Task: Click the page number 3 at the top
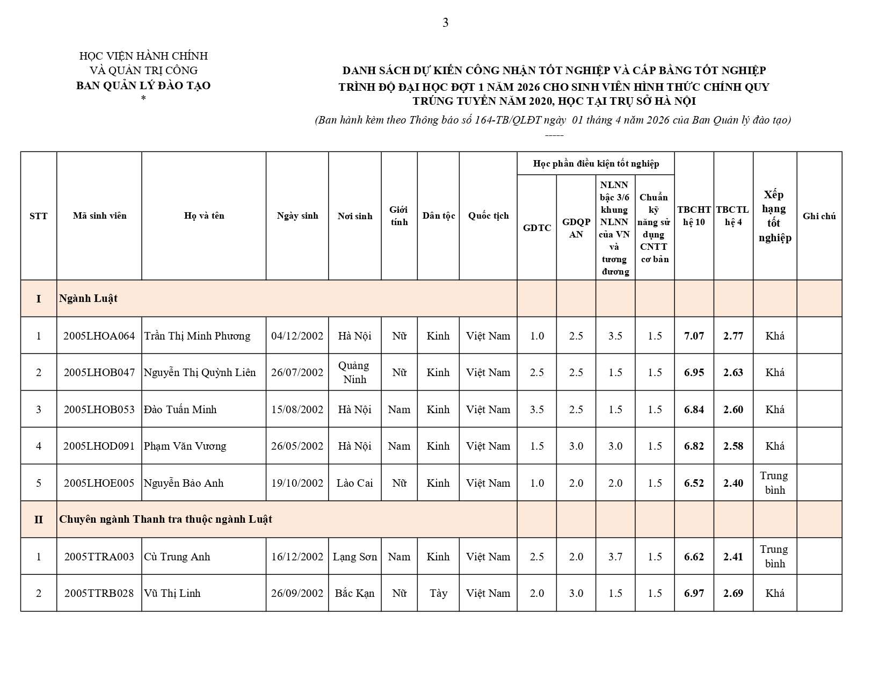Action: [445, 23]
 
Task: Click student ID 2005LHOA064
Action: [99, 336]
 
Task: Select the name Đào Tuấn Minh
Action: [180, 409]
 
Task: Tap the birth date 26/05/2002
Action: [297, 446]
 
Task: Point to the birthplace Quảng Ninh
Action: [354, 372]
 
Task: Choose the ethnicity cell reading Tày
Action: [438, 593]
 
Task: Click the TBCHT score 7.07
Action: [694, 336]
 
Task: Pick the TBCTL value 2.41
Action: [733, 557]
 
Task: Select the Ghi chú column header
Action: [819, 216]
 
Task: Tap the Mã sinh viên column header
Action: [99, 215]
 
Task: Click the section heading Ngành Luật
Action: [89, 299]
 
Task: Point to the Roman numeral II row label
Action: [39, 520]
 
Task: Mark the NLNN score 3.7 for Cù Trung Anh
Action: [615, 557]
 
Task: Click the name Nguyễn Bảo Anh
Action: [184, 483]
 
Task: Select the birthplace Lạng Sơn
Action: [354, 557]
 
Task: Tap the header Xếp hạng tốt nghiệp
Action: [774, 216]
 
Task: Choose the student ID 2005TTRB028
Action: [99, 593]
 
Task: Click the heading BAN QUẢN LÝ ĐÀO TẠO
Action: [143, 85]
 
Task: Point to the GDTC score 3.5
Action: [536, 409]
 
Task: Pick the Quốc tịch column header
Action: [488, 215]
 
